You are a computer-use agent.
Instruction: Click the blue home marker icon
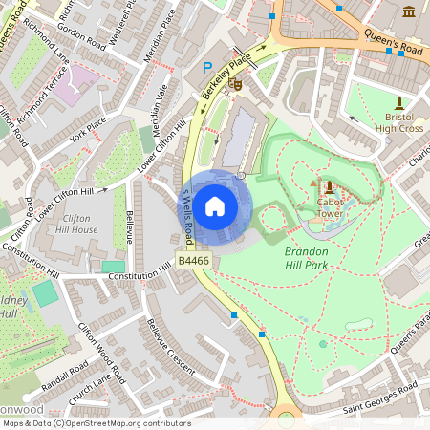coord(215,205)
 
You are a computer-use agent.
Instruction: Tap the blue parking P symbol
coord(207,68)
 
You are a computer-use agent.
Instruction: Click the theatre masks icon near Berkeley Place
coord(235,85)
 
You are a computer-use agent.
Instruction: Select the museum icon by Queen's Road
coord(410,11)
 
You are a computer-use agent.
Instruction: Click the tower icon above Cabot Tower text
coord(329,185)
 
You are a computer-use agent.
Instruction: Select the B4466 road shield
coord(194,260)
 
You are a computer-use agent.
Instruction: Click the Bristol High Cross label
coord(398,121)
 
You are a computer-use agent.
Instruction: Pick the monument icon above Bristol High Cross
coord(398,101)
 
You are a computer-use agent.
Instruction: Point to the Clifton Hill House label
coord(76,225)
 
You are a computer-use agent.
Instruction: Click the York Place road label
coord(84,132)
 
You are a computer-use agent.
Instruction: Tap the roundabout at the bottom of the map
coord(286,419)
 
